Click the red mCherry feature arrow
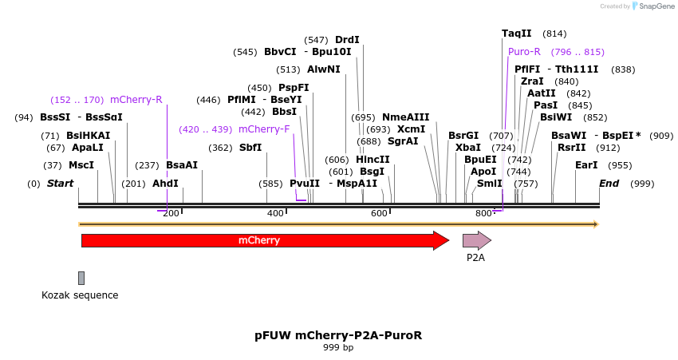click(x=263, y=240)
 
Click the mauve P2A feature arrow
click(x=476, y=240)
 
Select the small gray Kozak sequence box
click(x=81, y=278)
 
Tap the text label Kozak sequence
click(x=80, y=295)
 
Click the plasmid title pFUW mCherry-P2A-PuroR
click(x=338, y=335)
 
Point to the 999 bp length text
click(x=338, y=348)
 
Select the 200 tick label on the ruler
click(x=171, y=213)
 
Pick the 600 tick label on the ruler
click(x=378, y=213)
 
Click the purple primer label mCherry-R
click(x=136, y=100)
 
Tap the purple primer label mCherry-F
click(x=264, y=129)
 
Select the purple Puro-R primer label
click(x=524, y=52)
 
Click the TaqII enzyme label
click(x=516, y=34)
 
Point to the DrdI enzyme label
click(x=347, y=40)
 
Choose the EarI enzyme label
click(x=586, y=165)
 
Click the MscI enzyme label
click(x=81, y=165)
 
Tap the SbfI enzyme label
click(x=250, y=148)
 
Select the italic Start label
click(x=60, y=184)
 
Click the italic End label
click(x=609, y=184)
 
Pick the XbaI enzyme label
click(x=468, y=148)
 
